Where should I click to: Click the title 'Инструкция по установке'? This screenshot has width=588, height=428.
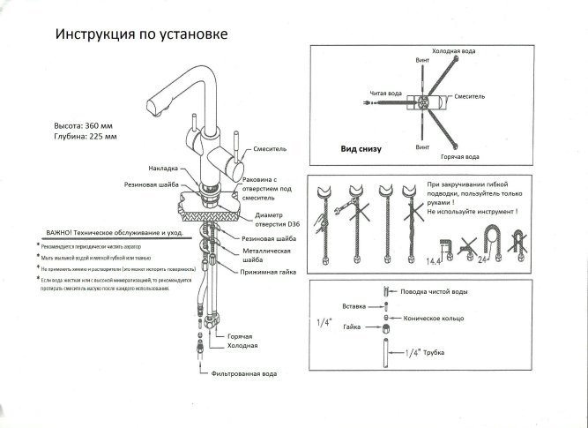click(x=142, y=35)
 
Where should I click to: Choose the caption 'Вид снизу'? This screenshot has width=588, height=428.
click(x=361, y=149)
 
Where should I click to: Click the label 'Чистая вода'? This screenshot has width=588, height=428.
click(x=382, y=93)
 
